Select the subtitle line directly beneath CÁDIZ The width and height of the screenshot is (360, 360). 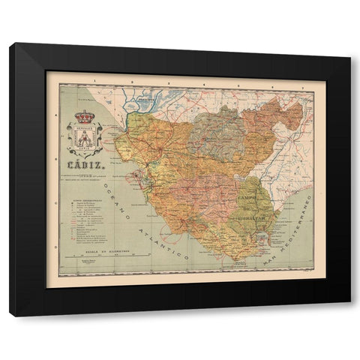pos(87,174)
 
